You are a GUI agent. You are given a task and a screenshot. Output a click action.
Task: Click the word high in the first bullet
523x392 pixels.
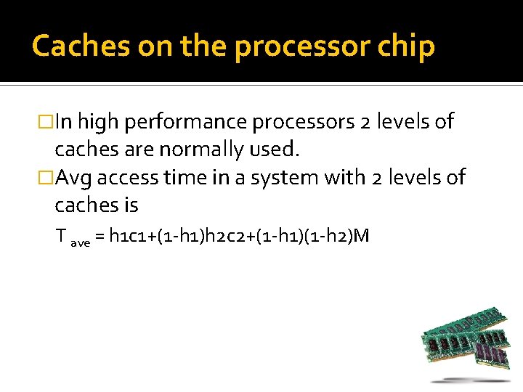(97, 122)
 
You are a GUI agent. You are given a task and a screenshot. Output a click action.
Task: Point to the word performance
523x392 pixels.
(185, 122)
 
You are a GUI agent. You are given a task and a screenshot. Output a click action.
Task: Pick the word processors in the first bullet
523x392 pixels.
(302, 122)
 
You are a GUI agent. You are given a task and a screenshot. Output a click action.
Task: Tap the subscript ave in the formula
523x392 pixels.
(80, 243)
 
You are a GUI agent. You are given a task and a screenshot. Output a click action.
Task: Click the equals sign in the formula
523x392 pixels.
(100, 236)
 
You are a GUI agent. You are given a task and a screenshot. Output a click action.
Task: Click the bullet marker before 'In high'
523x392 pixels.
(47, 122)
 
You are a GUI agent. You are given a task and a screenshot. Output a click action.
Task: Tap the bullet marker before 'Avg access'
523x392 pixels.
(47, 177)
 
